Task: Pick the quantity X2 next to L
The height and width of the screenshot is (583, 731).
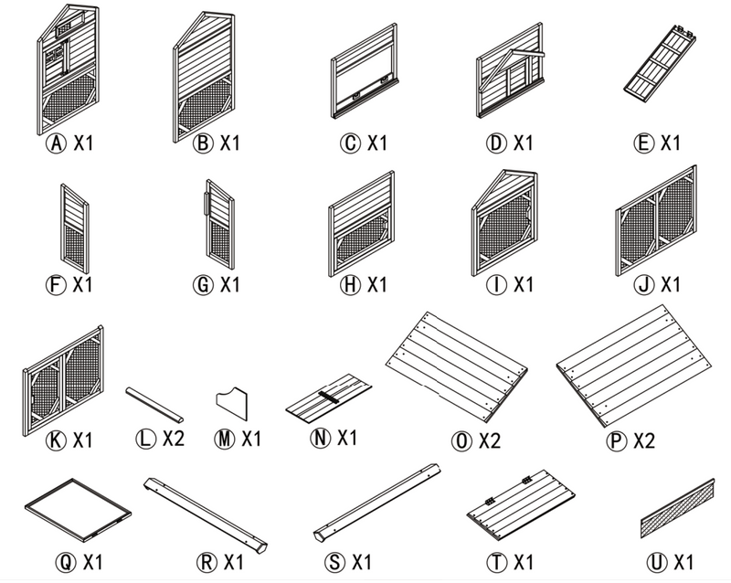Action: [174, 439]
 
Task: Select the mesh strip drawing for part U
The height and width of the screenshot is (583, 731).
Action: [677, 510]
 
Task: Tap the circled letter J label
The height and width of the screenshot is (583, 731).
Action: [644, 285]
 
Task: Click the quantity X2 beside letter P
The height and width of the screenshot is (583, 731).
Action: [644, 441]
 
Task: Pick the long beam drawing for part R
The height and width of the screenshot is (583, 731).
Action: [206, 510]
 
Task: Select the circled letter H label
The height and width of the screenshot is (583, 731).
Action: [349, 285]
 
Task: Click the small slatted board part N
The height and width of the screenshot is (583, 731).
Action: [328, 397]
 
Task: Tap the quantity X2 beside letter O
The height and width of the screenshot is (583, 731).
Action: [489, 441]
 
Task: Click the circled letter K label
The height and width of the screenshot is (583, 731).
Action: [58, 440]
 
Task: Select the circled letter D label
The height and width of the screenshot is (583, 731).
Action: [494, 143]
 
